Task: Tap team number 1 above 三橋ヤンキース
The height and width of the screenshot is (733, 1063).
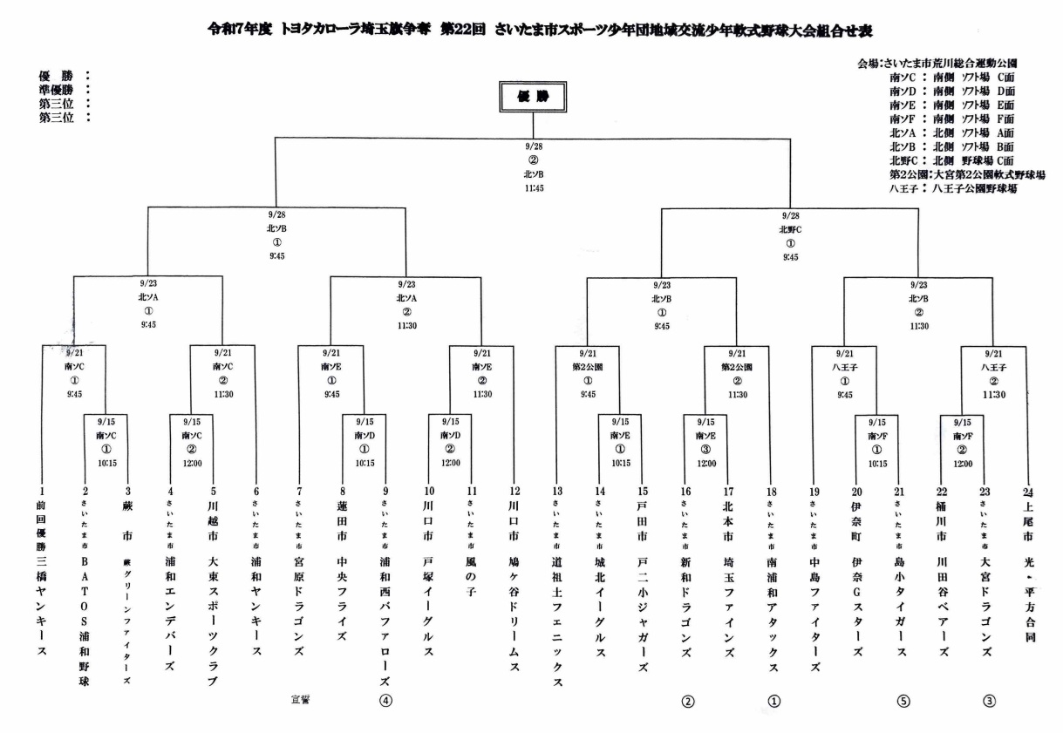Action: point(43,492)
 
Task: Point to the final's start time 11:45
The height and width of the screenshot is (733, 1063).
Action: point(532,189)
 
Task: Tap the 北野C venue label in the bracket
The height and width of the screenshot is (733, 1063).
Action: point(790,229)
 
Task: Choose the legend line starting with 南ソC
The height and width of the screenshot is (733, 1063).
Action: point(951,77)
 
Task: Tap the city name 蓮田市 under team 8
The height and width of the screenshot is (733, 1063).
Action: point(342,520)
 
